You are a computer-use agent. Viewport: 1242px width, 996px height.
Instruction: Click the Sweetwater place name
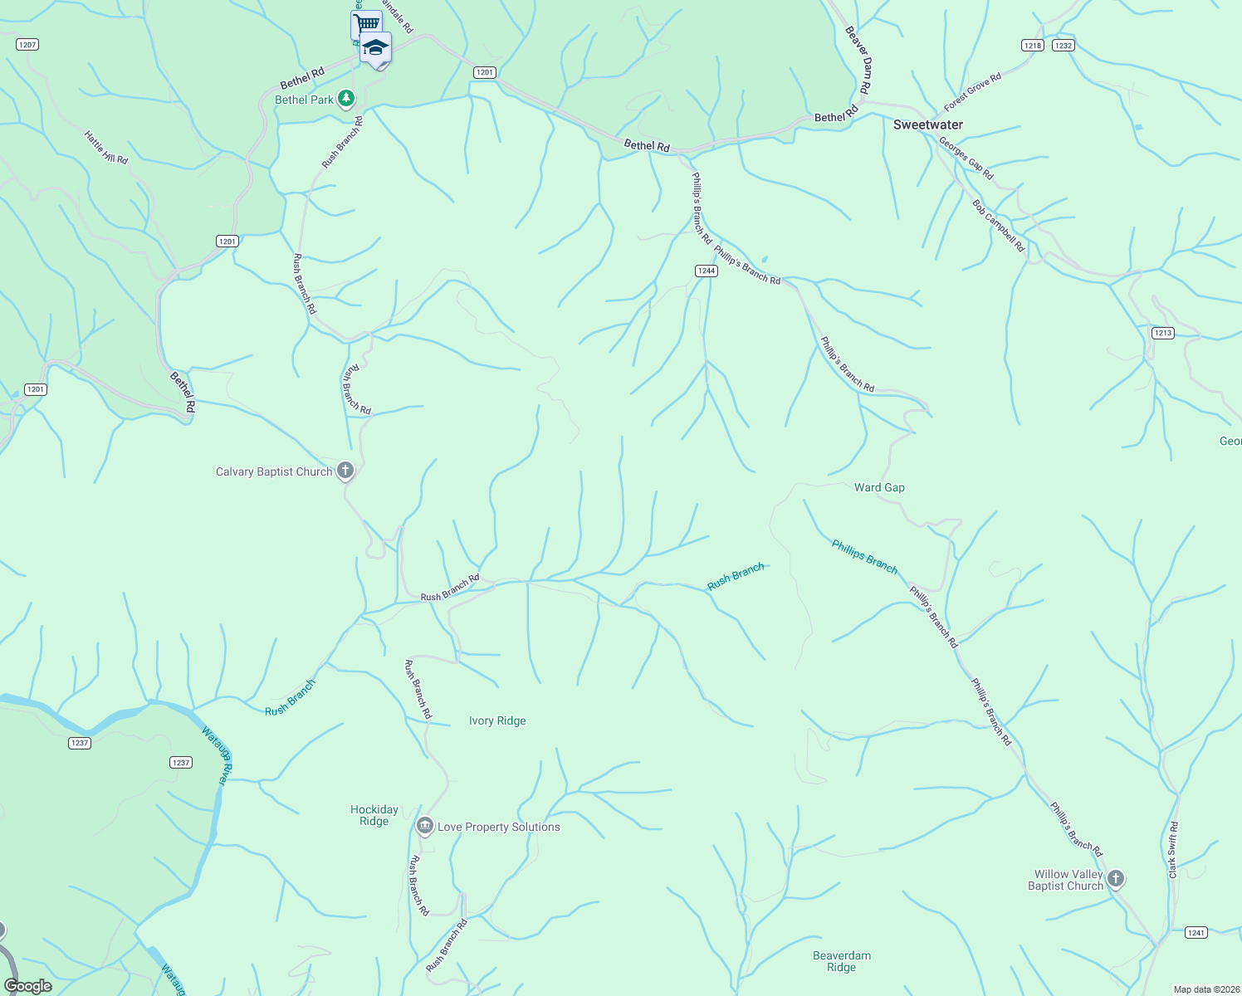(x=927, y=124)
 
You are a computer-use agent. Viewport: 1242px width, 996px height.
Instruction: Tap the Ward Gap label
(x=879, y=487)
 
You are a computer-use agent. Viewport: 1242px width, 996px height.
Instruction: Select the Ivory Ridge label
(x=497, y=720)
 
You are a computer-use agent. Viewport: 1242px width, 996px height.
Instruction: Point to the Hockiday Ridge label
(x=374, y=815)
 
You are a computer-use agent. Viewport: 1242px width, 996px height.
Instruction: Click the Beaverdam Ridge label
(x=841, y=961)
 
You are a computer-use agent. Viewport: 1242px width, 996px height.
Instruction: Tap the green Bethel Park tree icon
(x=346, y=99)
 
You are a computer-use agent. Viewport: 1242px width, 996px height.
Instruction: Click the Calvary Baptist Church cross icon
(x=345, y=471)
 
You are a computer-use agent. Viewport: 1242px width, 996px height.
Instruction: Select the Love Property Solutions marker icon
(x=424, y=826)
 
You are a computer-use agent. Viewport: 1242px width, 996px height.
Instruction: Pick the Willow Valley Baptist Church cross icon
(x=1116, y=878)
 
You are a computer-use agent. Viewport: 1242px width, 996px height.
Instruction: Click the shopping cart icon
(x=365, y=23)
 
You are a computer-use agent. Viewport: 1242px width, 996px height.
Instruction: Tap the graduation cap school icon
(x=376, y=46)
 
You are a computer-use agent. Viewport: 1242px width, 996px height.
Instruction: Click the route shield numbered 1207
(x=27, y=44)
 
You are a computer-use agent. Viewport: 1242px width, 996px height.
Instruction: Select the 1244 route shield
(x=706, y=271)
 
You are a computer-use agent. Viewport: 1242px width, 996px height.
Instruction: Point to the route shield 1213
(x=1162, y=333)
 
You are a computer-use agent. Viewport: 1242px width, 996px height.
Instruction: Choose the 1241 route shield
(x=1196, y=932)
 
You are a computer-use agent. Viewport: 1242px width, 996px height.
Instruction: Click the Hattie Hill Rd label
(x=106, y=148)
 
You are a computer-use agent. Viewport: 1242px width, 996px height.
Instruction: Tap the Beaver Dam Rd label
(x=858, y=59)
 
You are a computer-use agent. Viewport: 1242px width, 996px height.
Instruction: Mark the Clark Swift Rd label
(x=1172, y=850)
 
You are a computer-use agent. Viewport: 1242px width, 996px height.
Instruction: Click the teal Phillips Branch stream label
(x=864, y=556)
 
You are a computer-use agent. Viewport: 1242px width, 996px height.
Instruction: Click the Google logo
(x=28, y=985)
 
